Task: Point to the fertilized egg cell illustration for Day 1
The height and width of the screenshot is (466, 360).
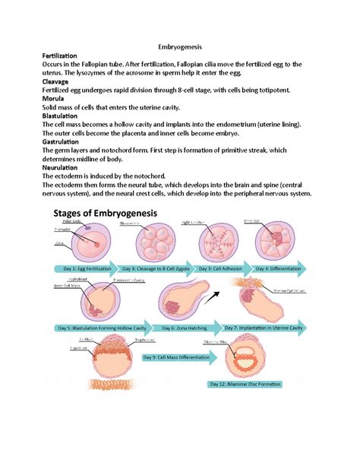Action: click(90, 242)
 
